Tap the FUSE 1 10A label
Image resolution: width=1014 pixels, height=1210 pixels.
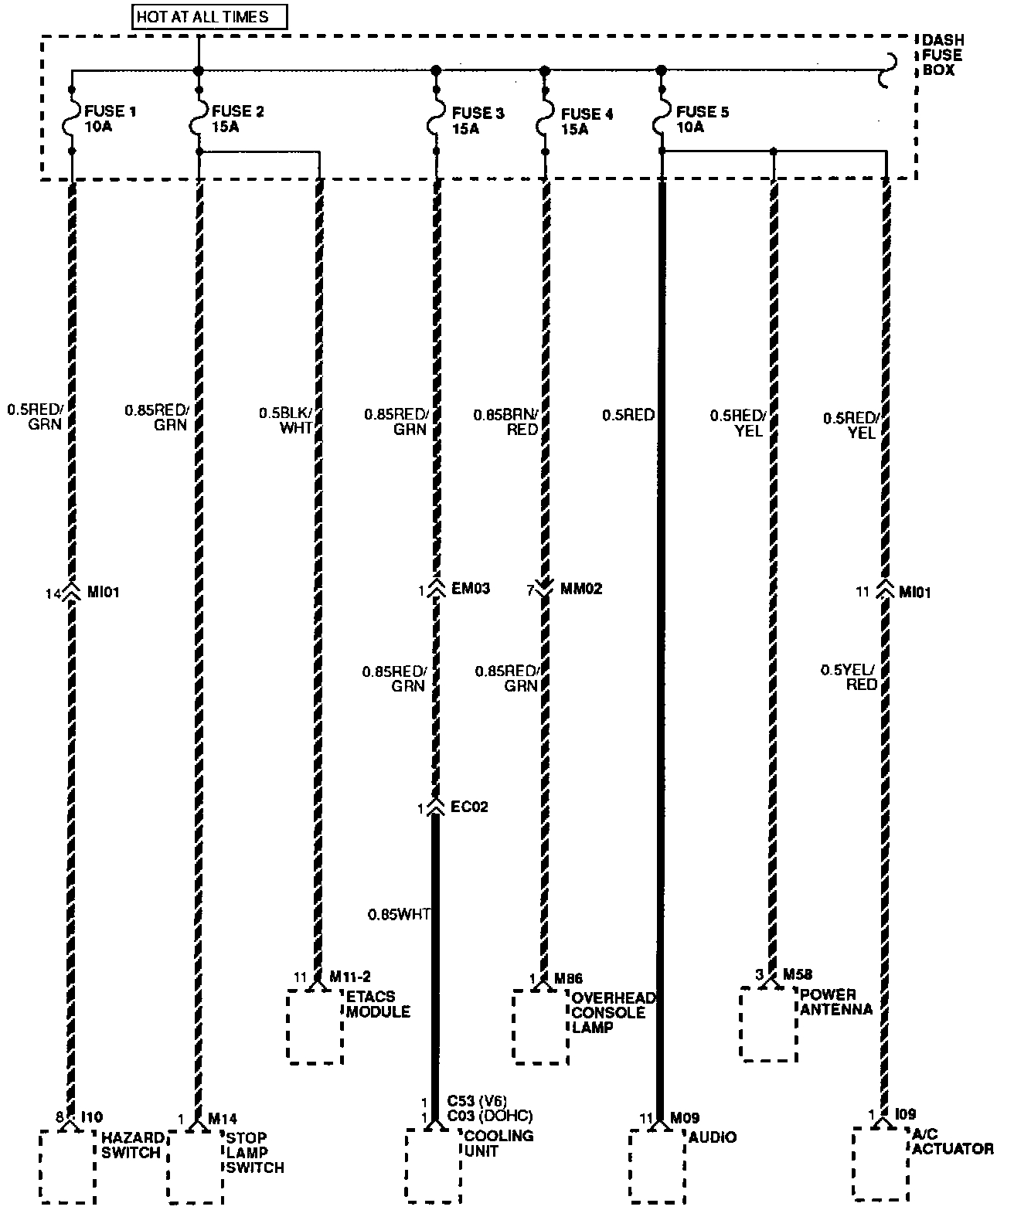click(x=109, y=119)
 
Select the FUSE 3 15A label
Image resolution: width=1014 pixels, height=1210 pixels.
click(x=478, y=121)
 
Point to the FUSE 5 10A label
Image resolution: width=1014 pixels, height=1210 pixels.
click(x=701, y=119)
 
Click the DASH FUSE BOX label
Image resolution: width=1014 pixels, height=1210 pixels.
click(x=941, y=55)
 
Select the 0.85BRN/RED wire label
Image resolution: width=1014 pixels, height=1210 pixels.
click(x=507, y=422)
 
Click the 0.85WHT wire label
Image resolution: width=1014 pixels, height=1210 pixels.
click(x=399, y=915)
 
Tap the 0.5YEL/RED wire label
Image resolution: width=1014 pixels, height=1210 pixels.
click(x=849, y=678)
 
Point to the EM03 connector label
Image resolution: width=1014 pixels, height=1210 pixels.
click(x=470, y=590)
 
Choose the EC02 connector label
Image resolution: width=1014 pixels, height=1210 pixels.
click(x=469, y=808)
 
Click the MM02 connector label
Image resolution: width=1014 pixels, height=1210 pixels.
click(x=581, y=590)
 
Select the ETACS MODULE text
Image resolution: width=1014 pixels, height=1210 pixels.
click(x=378, y=1004)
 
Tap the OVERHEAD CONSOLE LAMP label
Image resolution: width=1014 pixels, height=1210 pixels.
click(x=613, y=1012)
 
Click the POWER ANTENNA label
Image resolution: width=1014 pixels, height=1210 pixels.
click(x=836, y=1001)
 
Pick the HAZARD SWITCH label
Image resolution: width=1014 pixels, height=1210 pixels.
click(x=133, y=1145)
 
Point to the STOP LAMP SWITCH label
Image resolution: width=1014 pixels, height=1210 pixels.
click(x=254, y=1152)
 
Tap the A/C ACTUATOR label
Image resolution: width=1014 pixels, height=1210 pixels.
click(x=952, y=1140)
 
